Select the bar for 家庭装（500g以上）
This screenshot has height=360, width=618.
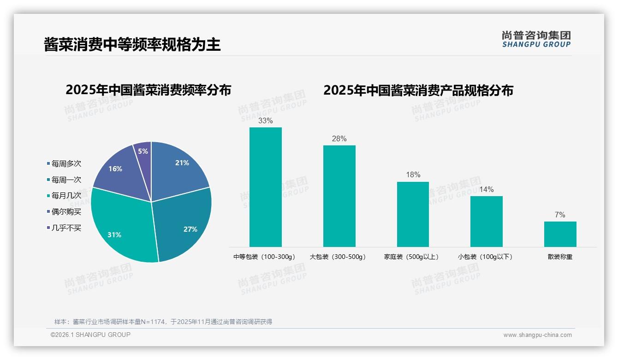point(413,214)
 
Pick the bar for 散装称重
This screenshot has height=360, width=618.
point(560,234)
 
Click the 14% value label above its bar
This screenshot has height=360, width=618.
point(486,190)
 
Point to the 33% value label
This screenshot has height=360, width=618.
point(265,121)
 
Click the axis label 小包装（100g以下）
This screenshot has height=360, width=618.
point(485,257)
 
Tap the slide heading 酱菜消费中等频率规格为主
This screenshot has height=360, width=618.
point(132,44)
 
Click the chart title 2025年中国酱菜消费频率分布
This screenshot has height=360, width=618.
point(148,90)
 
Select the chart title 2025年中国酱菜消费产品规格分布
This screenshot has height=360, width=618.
point(418,90)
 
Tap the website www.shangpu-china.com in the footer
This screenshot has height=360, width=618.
point(537,335)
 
